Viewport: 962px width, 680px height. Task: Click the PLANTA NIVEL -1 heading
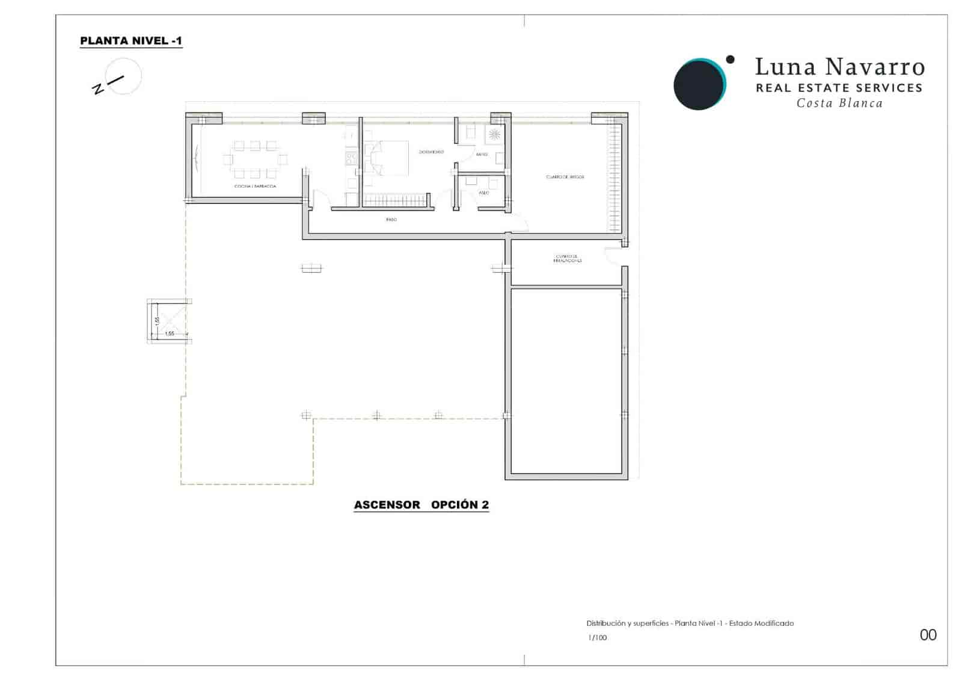pyautogui.click(x=131, y=41)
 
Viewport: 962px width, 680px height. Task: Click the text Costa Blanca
pyautogui.click(x=839, y=104)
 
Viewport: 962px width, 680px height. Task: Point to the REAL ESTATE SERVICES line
pyautogui.click(x=839, y=88)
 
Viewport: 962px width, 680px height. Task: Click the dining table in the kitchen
pyautogui.click(x=255, y=159)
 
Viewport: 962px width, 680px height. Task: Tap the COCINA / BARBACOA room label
pyautogui.click(x=255, y=187)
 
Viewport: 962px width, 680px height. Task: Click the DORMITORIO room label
pyautogui.click(x=431, y=152)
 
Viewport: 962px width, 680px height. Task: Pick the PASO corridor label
pyautogui.click(x=391, y=220)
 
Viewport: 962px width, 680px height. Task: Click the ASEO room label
pyautogui.click(x=483, y=193)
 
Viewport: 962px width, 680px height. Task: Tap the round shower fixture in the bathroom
pyautogui.click(x=494, y=135)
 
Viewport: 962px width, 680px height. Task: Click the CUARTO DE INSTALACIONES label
pyautogui.click(x=568, y=259)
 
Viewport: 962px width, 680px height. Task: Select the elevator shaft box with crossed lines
pyautogui.click(x=170, y=321)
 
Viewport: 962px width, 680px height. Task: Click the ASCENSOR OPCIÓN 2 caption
pyautogui.click(x=421, y=505)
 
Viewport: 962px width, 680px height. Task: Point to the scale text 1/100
pyautogui.click(x=597, y=638)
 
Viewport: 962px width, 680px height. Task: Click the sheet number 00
pyautogui.click(x=928, y=635)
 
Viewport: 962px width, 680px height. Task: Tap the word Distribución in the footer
pyautogui.click(x=605, y=623)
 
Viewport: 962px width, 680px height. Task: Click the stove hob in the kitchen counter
pyautogui.click(x=351, y=158)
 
